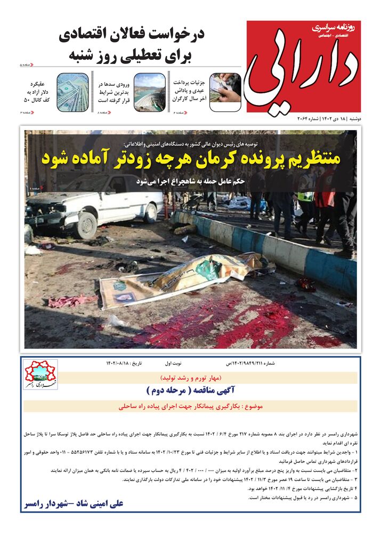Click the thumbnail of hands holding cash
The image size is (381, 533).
(x=225, y=91)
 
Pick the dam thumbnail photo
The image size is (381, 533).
(x=149, y=91)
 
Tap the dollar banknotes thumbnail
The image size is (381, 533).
(x=72, y=91)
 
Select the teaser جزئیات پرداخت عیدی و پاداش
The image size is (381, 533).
(x=190, y=91)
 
